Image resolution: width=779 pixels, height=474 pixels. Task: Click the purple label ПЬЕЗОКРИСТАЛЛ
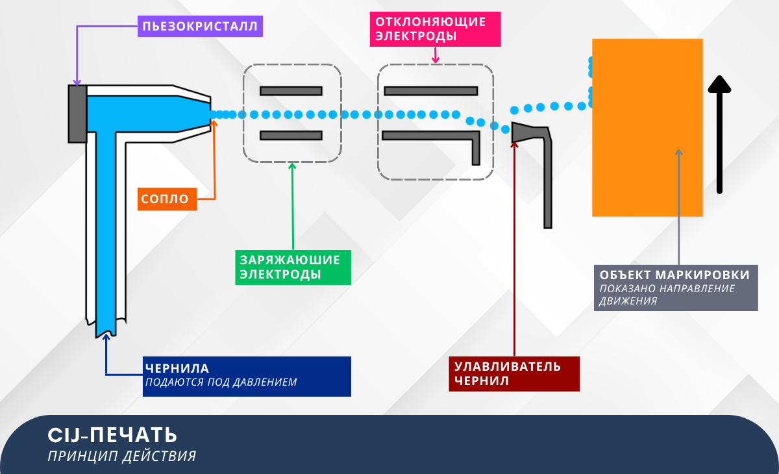tap(199, 27)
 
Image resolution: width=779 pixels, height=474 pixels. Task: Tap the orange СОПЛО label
tap(167, 199)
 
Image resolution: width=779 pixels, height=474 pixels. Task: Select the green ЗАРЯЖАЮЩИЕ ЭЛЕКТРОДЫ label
tap(292, 267)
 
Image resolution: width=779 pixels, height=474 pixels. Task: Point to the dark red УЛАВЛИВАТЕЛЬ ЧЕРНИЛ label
tap(513, 373)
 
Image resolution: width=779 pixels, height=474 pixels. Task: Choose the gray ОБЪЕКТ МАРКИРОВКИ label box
tap(675, 287)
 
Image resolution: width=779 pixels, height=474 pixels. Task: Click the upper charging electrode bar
tap(291, 90)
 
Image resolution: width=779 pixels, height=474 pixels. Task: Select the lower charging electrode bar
tap(291, 135)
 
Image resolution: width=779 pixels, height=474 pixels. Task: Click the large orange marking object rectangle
tap(647, 127)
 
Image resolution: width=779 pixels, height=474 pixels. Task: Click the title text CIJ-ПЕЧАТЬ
tap(112, 434)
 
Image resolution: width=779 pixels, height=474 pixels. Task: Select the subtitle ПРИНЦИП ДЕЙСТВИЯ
tap(121, 456)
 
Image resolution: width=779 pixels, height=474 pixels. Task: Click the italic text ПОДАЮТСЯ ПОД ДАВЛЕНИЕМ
tap(221, 382)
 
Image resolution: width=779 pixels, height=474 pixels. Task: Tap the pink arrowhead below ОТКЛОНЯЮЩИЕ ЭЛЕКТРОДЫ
tap(436, 60)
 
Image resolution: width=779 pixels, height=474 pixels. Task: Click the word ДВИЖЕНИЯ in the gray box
tap(628, 301)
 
